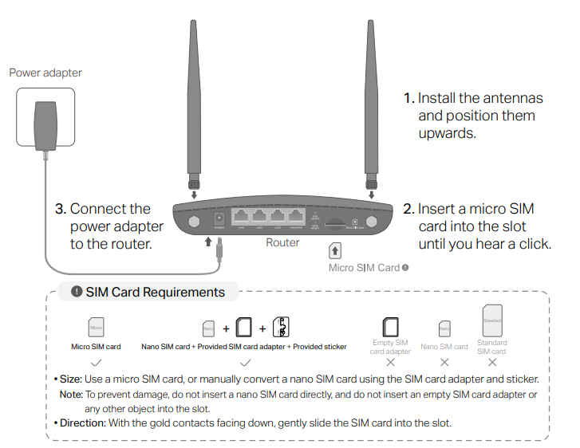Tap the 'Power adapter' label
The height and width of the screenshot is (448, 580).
(x=45, y=73)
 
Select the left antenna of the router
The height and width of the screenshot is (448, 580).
(x=192, y=96)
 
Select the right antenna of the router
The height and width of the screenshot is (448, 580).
(x=371, y=96)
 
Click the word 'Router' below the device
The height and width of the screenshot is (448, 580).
(x=282, y=242)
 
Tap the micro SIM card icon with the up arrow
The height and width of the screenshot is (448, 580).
(x=336, y=250)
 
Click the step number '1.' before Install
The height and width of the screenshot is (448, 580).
(x=408, y=98)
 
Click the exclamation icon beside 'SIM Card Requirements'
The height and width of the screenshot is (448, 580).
(x=77, y=292)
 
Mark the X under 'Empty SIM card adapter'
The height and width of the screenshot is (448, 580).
(x=390, y=361)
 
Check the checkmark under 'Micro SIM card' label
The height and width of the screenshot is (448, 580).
(x=95, y=361)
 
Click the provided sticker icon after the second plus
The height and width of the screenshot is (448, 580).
(x=280, y=327)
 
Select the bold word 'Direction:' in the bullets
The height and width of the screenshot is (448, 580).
(x=82, y=422)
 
